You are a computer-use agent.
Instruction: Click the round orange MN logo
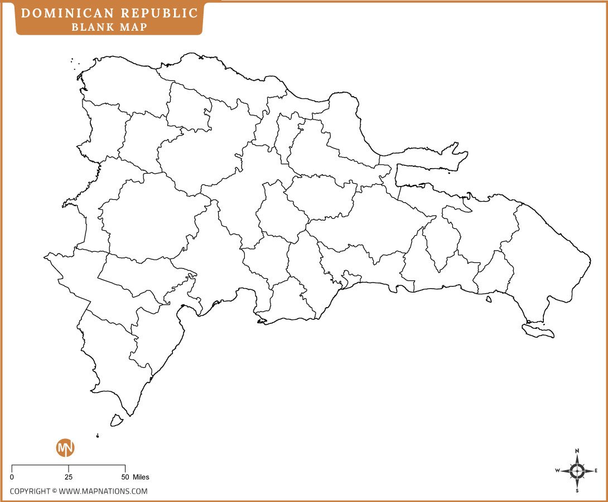tap(65, 448)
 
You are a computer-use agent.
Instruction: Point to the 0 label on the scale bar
tap(12, 477)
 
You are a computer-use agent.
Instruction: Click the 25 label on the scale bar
tap(68, 477)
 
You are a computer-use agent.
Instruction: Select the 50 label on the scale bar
tap(125, 477)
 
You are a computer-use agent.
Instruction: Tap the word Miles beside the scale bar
tap(141, 477)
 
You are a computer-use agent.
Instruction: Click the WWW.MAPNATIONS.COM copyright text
tap(103, 491)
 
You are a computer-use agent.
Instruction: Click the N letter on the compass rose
tap(577, 451)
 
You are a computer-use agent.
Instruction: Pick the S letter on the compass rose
tap(577, 491)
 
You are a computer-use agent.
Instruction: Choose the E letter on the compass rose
tap(596, 471)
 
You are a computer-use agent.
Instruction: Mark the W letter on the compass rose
tap(557, 471)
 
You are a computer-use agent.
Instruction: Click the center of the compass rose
tap(577, 471)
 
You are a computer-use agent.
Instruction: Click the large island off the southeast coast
tap(538, 331)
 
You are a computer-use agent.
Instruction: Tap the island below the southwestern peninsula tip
tap(117, 420)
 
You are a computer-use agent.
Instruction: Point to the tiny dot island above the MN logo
tap(98, 436)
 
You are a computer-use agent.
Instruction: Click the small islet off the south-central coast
tap(489, 299)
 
